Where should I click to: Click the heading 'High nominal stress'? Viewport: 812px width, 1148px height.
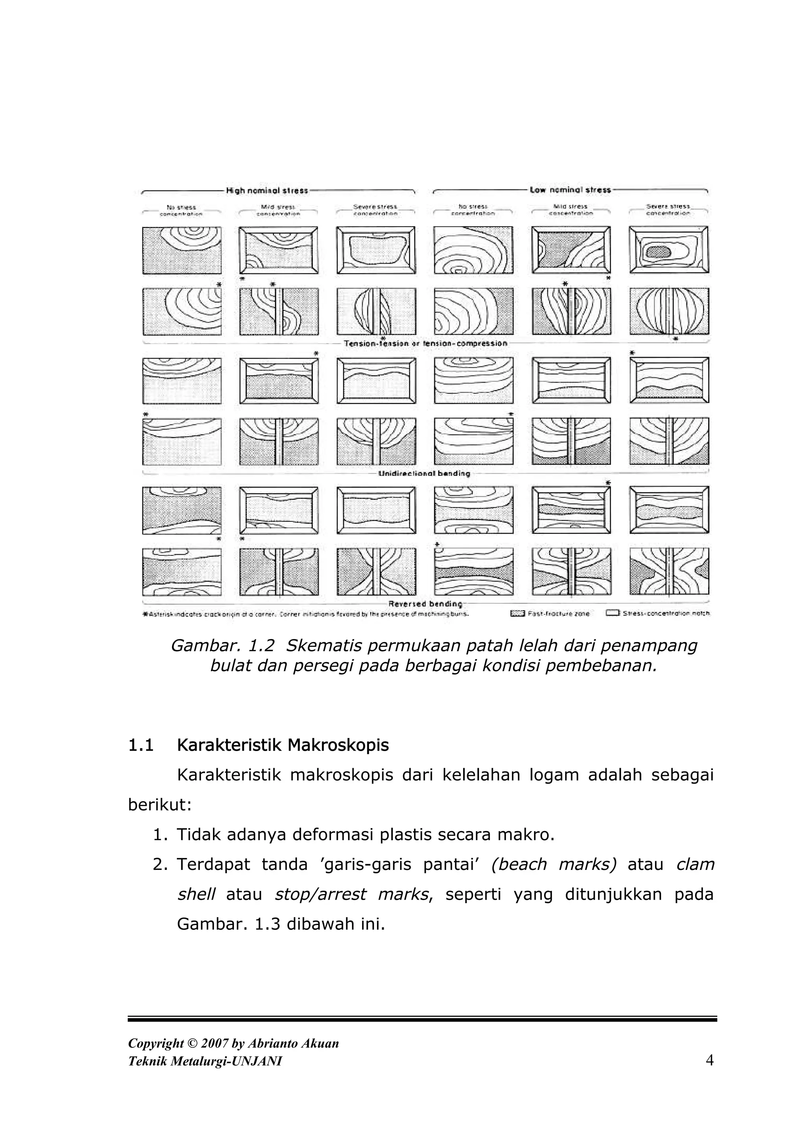(267, 191)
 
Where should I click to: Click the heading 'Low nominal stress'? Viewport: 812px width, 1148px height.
(571, 190)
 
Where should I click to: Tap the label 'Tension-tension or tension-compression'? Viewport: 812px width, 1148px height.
(425, 343)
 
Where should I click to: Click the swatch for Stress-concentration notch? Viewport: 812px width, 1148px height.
(613, 613)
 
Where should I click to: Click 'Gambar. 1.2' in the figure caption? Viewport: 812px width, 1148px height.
(223, 646)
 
